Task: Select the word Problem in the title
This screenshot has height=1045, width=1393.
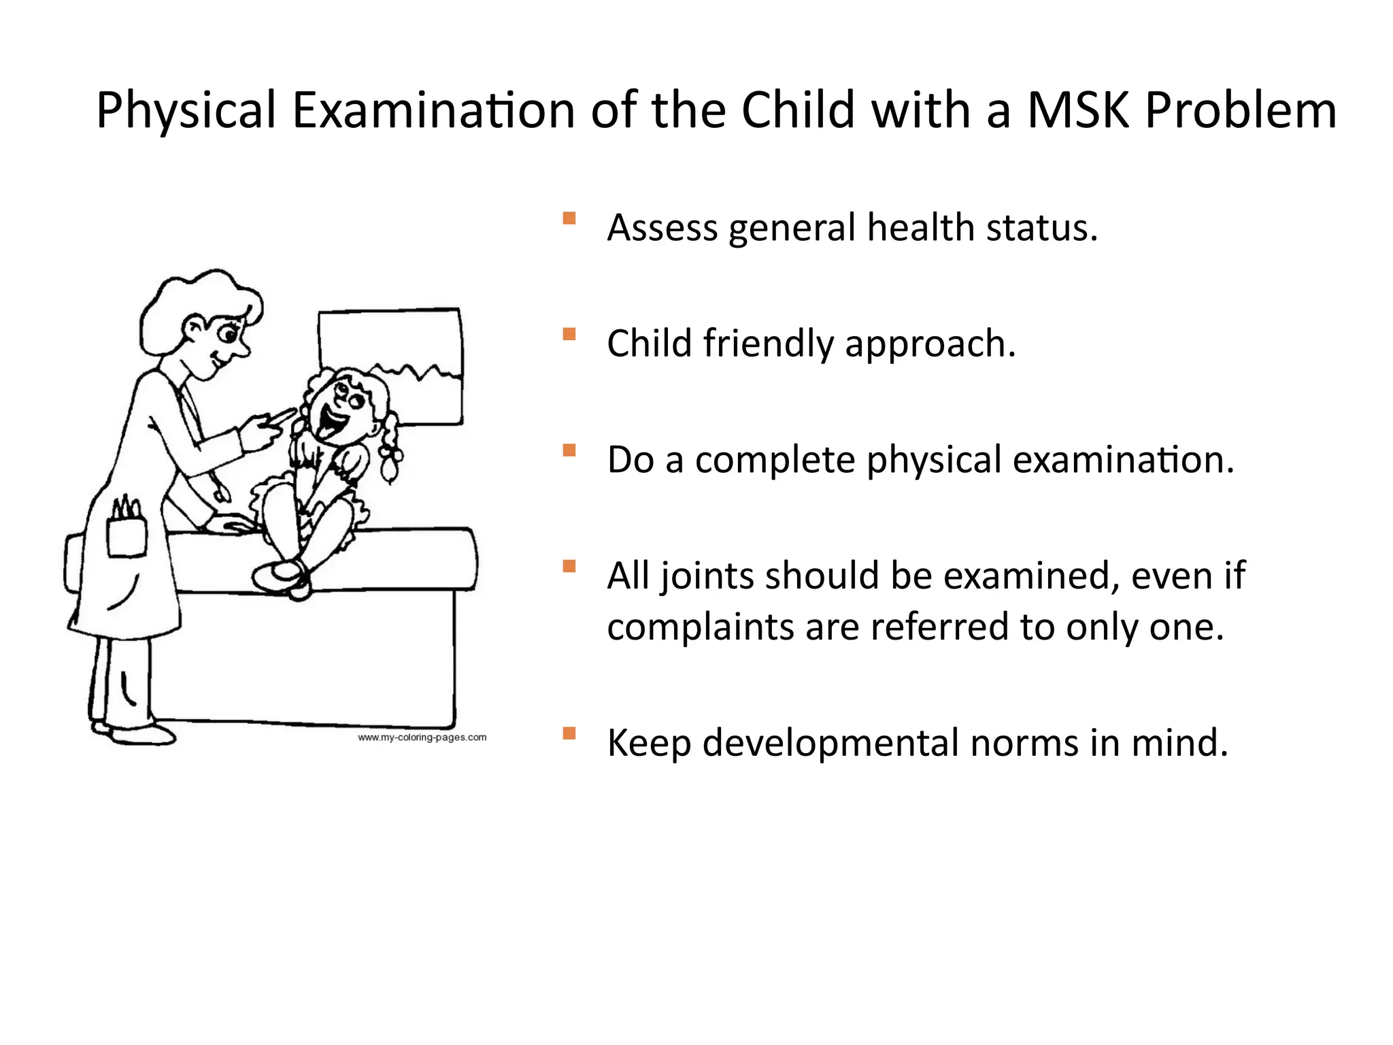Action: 1241,110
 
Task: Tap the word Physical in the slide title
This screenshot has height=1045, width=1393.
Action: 186,110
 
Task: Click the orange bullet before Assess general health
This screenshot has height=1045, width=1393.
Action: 569,218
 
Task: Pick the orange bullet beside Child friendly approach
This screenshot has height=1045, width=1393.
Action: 569,334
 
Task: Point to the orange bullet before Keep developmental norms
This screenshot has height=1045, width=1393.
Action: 569,733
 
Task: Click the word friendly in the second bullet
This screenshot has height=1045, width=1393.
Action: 768,344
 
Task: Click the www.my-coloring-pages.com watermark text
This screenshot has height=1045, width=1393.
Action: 422,737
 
